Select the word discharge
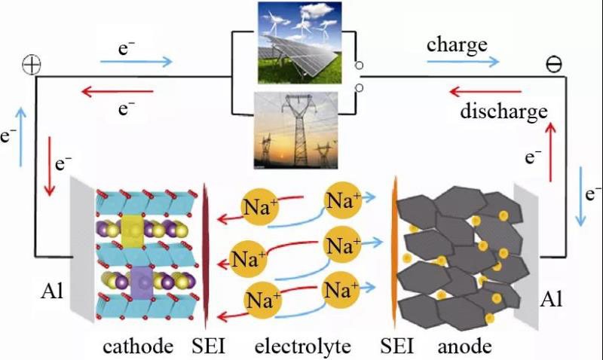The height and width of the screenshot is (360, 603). coord(503,113)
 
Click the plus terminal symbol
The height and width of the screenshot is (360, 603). coord(31,65)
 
